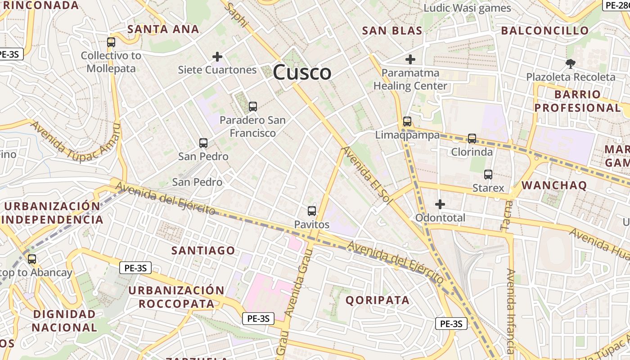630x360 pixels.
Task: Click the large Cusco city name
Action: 302,72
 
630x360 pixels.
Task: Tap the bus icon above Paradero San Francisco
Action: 253,107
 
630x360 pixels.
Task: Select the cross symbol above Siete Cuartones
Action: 217,57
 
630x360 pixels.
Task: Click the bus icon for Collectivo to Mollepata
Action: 111,42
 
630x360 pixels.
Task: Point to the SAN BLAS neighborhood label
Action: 392,31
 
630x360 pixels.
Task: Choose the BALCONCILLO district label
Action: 544,31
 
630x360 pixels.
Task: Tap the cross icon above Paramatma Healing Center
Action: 410,59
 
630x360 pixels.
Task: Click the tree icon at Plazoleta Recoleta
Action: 571,64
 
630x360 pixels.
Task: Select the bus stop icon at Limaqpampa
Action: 407,121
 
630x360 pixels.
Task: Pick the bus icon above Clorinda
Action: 472,139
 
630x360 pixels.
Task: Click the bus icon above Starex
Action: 488,175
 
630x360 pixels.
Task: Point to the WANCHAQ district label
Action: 554,185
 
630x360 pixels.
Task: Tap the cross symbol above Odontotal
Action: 440,204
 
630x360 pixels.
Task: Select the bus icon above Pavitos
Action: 312,211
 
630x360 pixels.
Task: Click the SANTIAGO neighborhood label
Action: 203,251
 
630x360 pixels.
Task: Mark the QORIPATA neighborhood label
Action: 378,300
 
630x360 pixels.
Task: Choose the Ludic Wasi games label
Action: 468,8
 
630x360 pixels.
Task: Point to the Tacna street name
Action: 507,216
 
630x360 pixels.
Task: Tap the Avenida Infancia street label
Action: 510,310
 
